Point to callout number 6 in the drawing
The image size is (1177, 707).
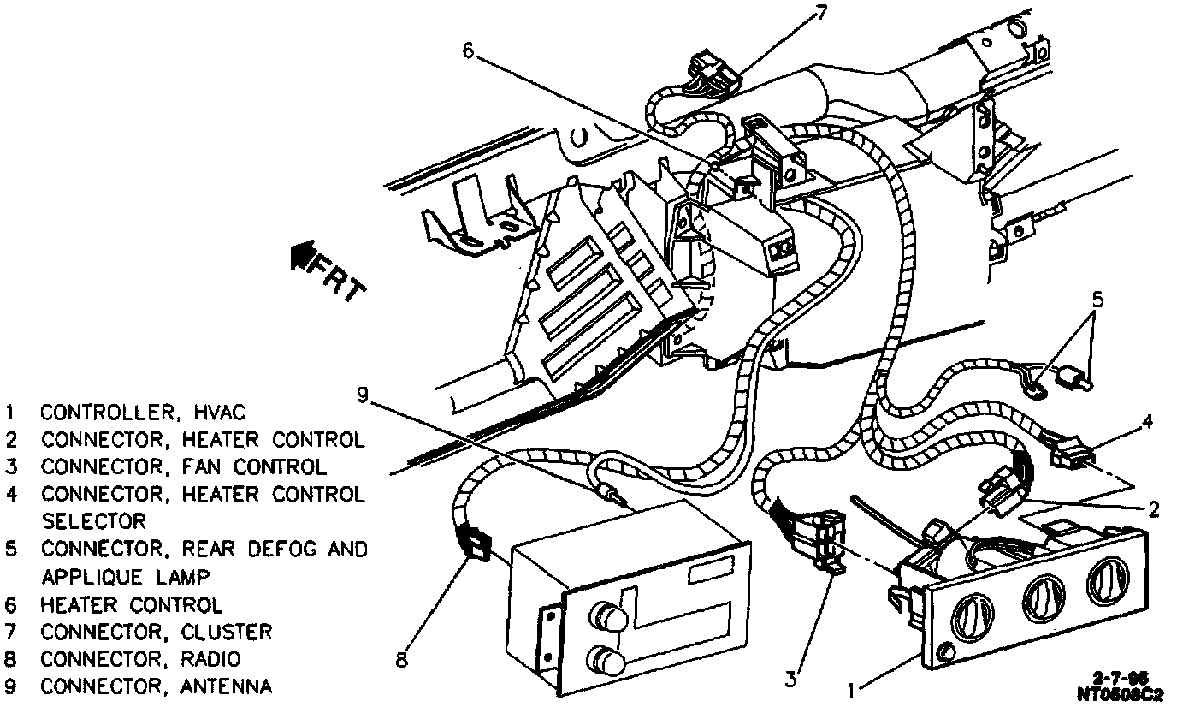tap(467, 50)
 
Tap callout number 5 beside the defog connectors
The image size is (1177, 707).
tap(1097, 300)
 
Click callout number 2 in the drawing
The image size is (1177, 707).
tap(1153, 510)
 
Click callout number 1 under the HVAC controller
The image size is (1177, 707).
tap(851, 687)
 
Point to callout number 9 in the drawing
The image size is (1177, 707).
tap(363, 395)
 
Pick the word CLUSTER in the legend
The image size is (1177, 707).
tap(227, 632)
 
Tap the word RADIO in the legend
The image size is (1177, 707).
tap(211, 659)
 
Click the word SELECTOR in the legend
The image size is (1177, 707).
tap(94, 521)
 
